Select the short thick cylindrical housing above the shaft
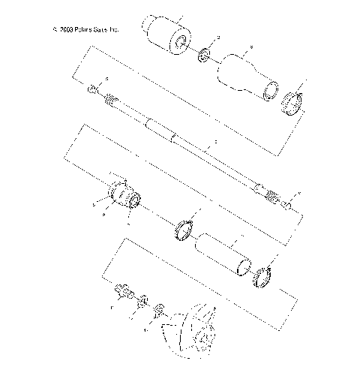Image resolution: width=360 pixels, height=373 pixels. pyautogui.click(x=166, y=36)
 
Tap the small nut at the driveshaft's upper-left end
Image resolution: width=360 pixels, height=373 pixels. pyautogui.click(x=91, y=90)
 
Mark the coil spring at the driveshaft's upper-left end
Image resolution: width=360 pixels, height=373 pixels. pyautogui.click(x=110, y=98)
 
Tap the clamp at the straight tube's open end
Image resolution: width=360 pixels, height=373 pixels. pyautogui.click(x=262, y=275)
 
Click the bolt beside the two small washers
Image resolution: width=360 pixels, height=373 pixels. pyautogui.click(x=123, y=291)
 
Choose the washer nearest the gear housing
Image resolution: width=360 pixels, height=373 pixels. pyautogui.click(x=158, y=310)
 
